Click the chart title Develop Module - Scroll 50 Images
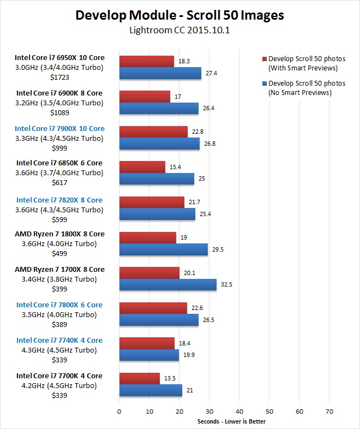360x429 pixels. click(179, 15)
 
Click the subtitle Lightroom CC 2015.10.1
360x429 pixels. click(179, 31)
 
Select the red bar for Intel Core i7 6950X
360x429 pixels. click(146, 61)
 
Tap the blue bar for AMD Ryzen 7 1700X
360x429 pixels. click(167, 284)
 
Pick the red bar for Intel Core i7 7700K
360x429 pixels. click(139, 378)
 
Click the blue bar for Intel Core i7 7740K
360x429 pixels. click(149, 355)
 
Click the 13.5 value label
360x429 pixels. click(169, 378)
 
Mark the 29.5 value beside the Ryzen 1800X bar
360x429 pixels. click(217, 249)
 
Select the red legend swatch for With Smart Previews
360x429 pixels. click(263, 58)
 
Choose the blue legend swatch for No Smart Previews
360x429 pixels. click(263, 84)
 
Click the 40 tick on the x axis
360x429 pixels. click(239, 410)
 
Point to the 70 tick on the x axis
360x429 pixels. click(329, 410)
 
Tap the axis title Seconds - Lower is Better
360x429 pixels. click(231, 421)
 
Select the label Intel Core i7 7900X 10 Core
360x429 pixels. click(60, 129)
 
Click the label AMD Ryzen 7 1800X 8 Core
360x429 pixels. click(60, 234)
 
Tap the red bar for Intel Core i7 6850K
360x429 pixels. click(142, 167)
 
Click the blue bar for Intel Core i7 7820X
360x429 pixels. click(157, 214)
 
